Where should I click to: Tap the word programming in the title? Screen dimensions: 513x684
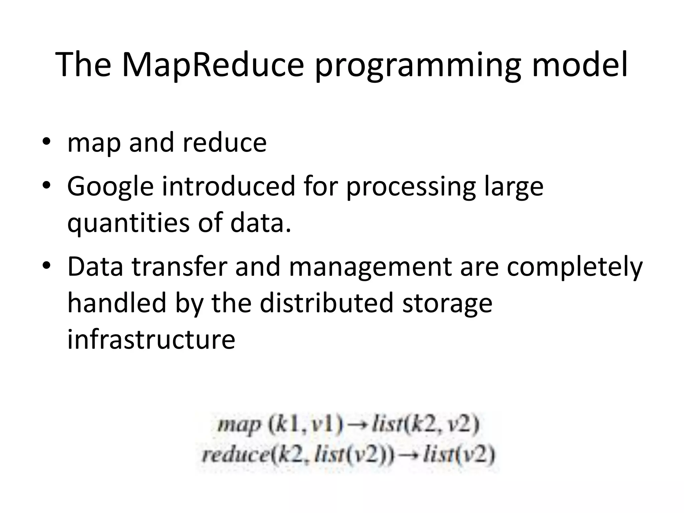[418, 65]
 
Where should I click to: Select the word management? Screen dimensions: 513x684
[370, 267]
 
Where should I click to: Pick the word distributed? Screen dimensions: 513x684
[327, 303]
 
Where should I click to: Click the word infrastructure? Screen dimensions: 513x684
[151, 339]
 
